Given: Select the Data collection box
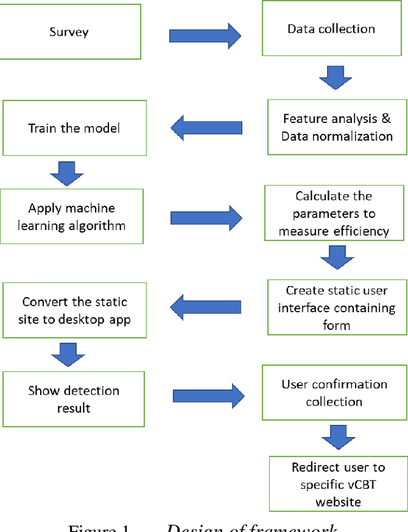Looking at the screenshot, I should click(331, 29).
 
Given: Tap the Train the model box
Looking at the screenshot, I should click(73, 128).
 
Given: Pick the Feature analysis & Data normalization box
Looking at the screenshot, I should click(337, 127).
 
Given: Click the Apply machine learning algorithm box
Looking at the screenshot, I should click(72, 217).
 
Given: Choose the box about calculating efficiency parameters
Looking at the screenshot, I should click(333, 213).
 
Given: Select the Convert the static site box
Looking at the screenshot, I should click(74, 310).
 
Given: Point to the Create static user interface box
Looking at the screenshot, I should click(337, 306).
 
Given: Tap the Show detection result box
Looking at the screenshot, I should click(73, 399).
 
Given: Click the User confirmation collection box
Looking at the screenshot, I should click(334, 393).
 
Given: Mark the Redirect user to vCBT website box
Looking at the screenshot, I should click(337, 484).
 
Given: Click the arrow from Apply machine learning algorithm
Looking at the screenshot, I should click(207, 217).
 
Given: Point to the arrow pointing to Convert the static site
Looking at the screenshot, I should click(207, 307).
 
